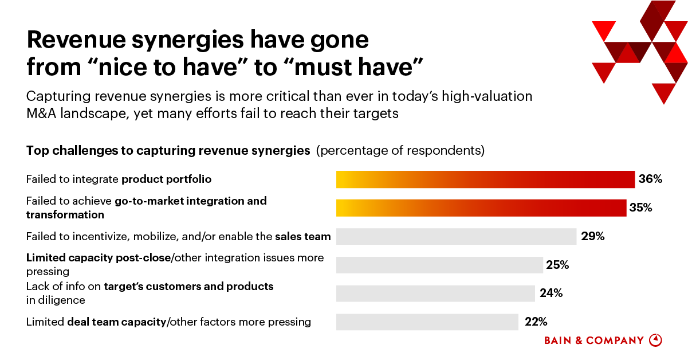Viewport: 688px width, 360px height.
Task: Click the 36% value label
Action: tap(650, 179)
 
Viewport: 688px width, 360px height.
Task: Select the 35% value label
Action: tap(641, 208)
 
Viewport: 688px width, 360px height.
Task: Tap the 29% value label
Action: tap(593, 236)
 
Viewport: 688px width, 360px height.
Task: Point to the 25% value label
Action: tap(557, 265)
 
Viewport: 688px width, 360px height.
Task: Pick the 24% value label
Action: tap(551, 293)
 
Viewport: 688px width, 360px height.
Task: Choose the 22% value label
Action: tap(537, 322)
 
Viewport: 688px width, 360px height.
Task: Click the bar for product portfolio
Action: tap(485, 179)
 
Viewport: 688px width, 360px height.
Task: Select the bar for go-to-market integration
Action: tap(481, 208)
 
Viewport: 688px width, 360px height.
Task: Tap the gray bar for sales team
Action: tap(456, 236)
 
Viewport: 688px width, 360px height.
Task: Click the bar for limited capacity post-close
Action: tap(439, 265)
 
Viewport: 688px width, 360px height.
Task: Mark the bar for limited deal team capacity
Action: tap(427, 322)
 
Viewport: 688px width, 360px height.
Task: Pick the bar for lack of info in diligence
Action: tap(435, 293)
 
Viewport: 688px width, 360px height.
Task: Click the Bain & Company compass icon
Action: tap(655, 340)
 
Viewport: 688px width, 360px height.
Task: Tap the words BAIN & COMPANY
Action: tap(593, 341)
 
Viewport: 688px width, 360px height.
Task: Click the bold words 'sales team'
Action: tap(302, 236)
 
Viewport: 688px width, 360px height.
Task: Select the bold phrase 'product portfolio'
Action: tap(166, 179)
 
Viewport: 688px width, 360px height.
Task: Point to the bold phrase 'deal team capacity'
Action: tap(116, 322)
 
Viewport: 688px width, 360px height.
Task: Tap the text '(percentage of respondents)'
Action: tap(400, 151)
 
